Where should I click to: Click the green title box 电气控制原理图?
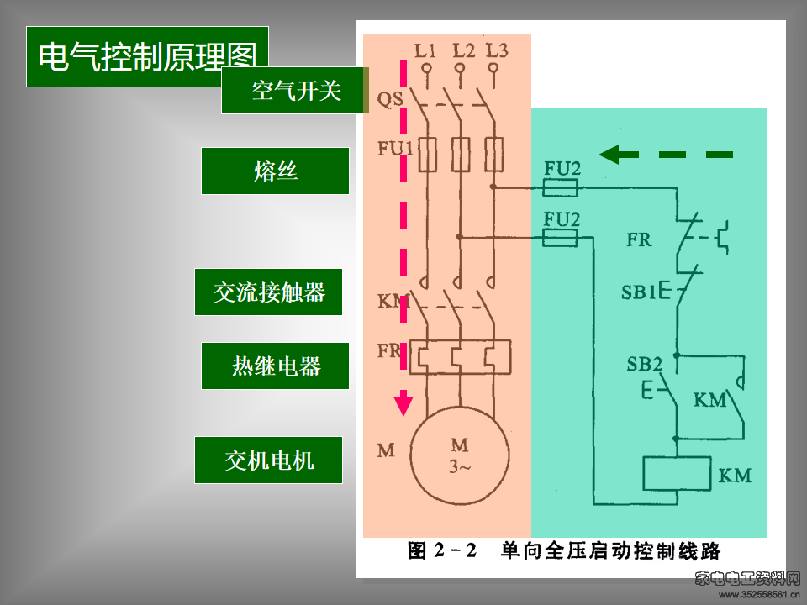147,56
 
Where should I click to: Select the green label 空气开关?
295,91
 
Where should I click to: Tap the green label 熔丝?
275,171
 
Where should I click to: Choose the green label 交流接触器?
268,292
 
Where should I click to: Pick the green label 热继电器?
275,366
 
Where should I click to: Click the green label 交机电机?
268,460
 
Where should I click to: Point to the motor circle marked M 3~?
460,455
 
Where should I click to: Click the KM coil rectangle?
678,473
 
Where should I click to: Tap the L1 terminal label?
425,50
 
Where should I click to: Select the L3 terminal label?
497,50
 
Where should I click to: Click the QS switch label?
390,98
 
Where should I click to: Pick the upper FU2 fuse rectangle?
561,187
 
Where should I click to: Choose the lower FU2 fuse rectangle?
561,238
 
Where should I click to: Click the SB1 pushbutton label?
639,292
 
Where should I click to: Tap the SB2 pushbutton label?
645,364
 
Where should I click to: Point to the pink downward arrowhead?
403,402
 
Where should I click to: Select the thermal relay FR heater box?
460,356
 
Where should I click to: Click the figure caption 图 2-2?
442,550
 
